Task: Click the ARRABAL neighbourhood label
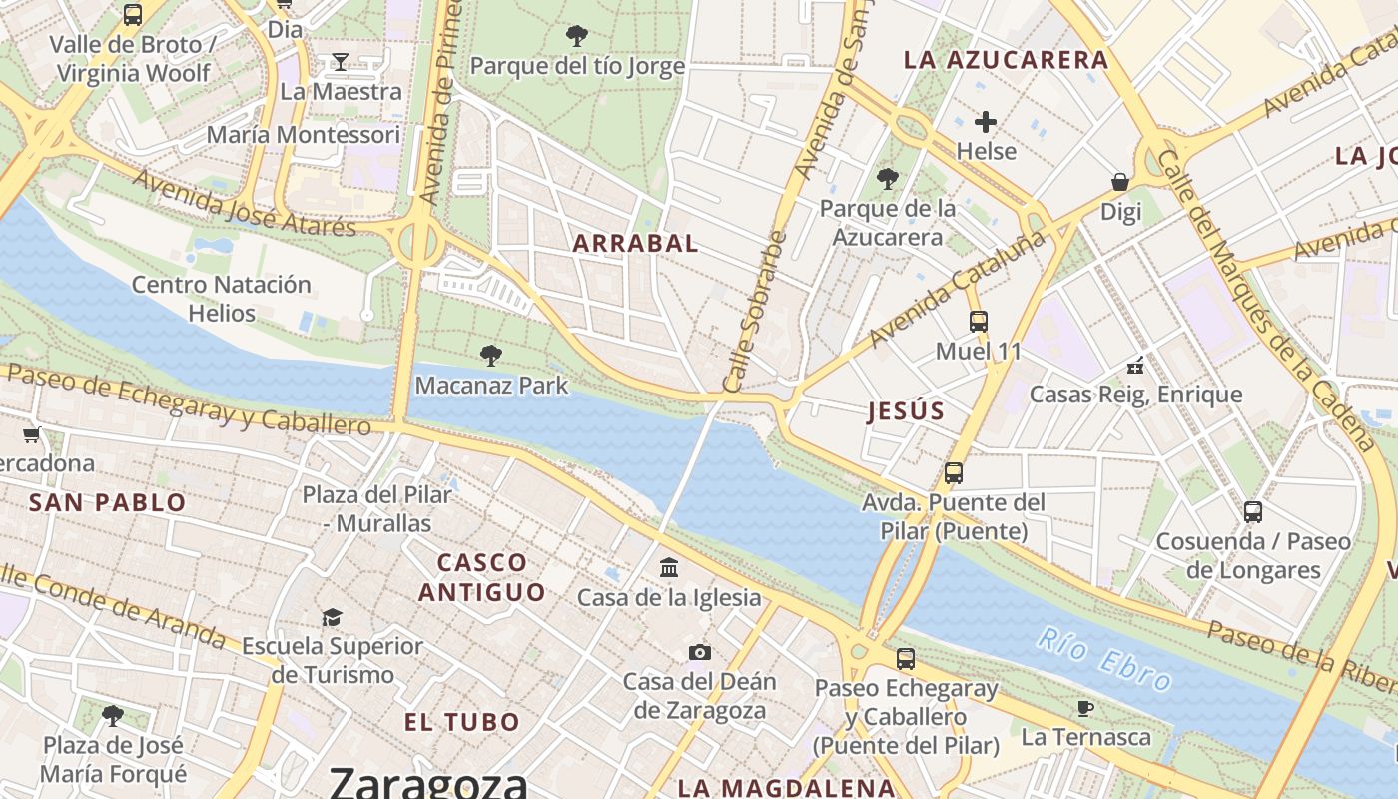point(635,243)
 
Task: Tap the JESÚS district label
point(906,410)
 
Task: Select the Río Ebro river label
point(1103,659)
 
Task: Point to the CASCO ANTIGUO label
point(482,577)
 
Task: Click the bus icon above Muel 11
point(978,322)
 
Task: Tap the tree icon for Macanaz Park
point(490,355)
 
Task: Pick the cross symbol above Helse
point(986,122)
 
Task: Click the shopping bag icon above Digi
point(1120,182)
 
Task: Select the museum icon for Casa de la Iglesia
point(669,567)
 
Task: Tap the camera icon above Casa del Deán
point(700,652)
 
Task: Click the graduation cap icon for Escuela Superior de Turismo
point(332,617)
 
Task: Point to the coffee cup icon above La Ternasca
point(1085,708)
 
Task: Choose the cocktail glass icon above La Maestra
point(340,62)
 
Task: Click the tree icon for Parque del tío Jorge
point(576,36)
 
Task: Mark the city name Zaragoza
point(427,781)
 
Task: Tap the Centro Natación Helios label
point(222,299)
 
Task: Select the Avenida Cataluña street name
point(957,288)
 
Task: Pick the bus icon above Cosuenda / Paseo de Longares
point(1252,512)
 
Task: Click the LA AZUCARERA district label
point(1006,59)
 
